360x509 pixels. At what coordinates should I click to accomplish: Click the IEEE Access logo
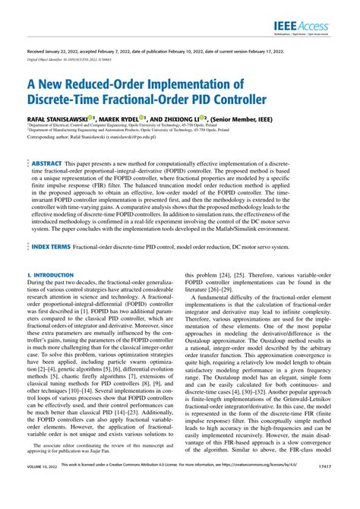pyautogui.click(x=306, y=28)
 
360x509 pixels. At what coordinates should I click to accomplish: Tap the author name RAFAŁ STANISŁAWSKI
pyautogui.click(x=57, y=119)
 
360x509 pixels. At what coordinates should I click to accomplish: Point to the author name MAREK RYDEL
pyautogui.click(x=124, y=119)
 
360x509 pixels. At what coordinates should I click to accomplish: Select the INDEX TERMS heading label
pyautogui.click(x=52, y=226)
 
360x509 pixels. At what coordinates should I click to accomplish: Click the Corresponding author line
pyautogui.click(x=96, y=138)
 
